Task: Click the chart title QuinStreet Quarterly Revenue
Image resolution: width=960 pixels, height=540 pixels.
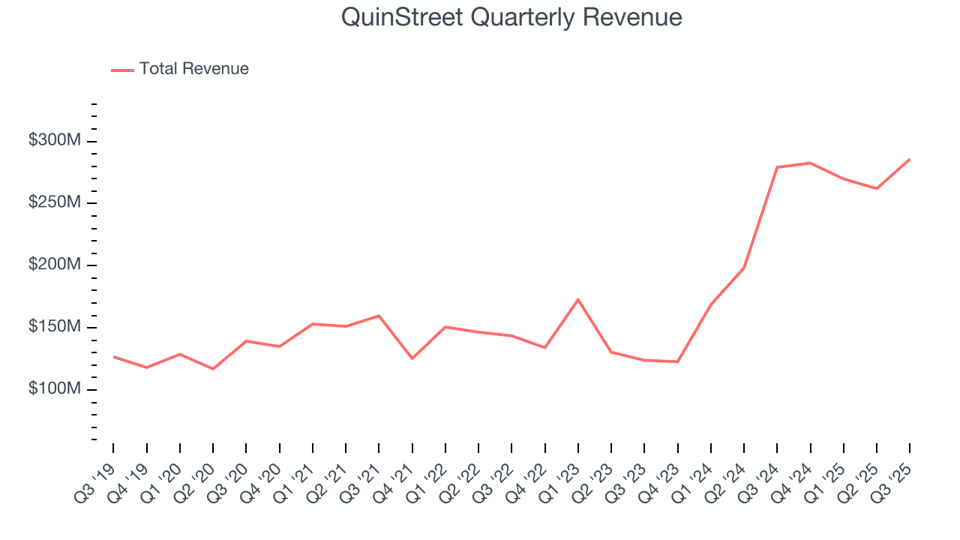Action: pyautogui.click(x=511, y=17)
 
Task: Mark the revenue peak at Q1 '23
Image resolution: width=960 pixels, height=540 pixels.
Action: pyautogui.click(x=578, y=299)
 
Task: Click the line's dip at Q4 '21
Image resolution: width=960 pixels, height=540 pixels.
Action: pyautogui.click(x=412, y=358)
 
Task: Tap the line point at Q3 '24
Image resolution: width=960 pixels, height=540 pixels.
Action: pyautogui.click(x=777, y=167)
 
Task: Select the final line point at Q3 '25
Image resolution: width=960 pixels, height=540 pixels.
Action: pyautogui.click(x=910, y=159)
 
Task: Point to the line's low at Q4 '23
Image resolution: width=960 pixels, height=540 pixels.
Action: pyautogui.click(x=677, y=361)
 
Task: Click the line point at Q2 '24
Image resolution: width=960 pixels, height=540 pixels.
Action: pyautogui.click(x=744, y=267)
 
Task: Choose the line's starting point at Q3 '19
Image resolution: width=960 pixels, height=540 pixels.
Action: pyautogui.click(x=113, y=356)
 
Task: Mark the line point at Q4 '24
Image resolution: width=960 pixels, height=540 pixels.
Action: pyautogui.click(x=811, y=163)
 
